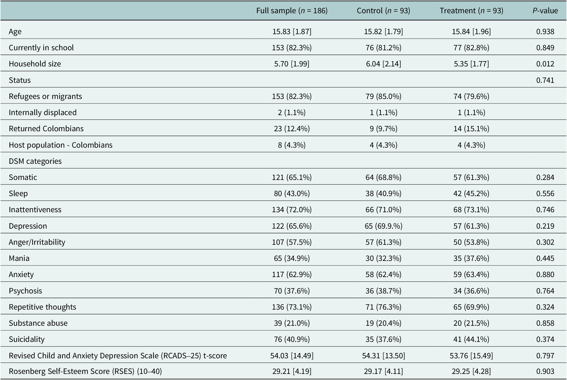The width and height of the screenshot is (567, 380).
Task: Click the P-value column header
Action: (545, 11)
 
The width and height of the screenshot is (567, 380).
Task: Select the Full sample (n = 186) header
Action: (292, 11)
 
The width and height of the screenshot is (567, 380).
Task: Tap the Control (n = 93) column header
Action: (384, 11)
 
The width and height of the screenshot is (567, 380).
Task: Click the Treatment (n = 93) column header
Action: (471, 11)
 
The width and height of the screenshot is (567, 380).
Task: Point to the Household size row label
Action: (35, 64)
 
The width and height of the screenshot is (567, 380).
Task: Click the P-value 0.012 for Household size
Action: (545, 64)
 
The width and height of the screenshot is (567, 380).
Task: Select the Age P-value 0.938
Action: (545, 31)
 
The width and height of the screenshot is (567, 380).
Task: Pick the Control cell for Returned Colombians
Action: (384, 129)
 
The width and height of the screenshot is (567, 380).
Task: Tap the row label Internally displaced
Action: (43, 112)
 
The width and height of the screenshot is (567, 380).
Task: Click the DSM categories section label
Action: (35, 161)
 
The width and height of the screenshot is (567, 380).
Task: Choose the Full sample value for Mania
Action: (292, 258)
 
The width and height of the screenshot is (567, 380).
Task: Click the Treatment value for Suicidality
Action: (471, 339)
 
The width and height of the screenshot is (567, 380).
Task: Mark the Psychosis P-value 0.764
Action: (545, 291)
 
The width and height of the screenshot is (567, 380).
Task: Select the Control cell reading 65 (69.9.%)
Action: (384, 226)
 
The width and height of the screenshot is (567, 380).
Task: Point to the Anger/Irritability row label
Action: (37, 242)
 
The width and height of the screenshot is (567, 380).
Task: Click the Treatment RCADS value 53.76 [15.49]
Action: (471, 356)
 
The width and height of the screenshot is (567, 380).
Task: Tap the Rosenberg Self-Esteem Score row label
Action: (85, 372)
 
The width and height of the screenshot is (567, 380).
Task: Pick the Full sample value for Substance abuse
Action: (292, 323)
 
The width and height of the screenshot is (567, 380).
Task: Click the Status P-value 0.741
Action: (545, 80)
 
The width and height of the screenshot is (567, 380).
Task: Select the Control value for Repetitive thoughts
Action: (384, 307)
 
